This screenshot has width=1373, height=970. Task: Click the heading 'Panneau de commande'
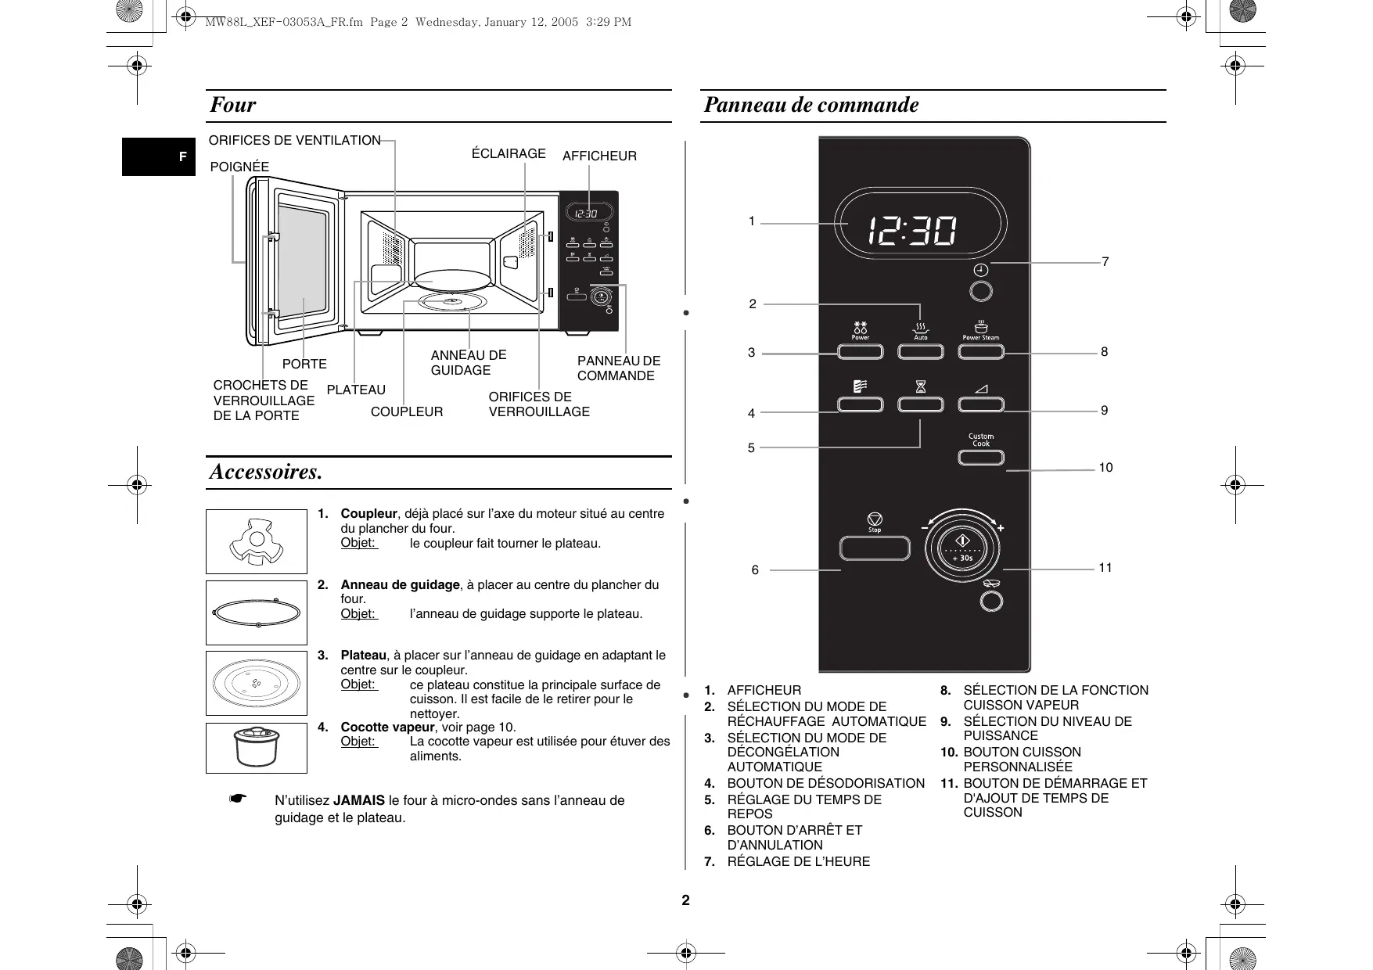[811, 105]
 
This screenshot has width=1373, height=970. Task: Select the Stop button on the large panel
[875, 548]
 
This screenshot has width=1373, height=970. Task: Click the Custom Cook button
[980, 457]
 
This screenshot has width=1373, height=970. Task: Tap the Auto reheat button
[921, 351]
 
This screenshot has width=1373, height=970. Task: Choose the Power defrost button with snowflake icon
[860, 351]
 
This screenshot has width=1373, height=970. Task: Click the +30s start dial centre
[962, 548]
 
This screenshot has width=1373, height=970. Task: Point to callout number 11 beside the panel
[1105, 568]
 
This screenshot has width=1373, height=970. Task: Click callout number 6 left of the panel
[755, 570]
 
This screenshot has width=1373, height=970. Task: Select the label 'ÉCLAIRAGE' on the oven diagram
[509, 154]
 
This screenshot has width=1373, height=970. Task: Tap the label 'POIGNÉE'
[239, 167]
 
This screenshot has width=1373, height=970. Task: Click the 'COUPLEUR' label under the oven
[406, 412]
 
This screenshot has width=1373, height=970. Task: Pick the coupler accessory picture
[257, 541]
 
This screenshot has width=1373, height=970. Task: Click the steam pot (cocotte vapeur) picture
[257, 748]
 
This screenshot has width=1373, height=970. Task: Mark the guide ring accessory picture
[257, 613]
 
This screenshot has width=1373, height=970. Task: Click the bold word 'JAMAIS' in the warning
[358, 800]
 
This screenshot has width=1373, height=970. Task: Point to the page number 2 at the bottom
[686, 900]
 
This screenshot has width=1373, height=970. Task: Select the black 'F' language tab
[182, 157]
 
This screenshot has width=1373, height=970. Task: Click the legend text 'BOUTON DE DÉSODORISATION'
[825, 783]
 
